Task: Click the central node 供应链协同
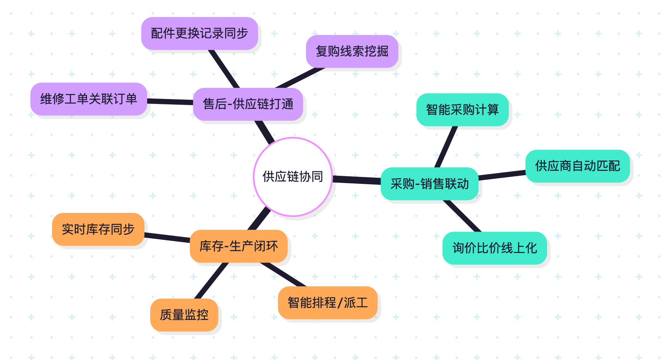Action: [293, 177]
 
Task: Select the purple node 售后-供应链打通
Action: [248, 104]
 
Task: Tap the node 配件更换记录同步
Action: [199, 33]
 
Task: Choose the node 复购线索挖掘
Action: [352, 51]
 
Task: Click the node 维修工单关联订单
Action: [89, 99]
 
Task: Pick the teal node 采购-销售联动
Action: [430, 184]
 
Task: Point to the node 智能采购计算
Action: [462, 110]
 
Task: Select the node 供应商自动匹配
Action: [577, 166]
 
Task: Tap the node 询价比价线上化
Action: [495, 248]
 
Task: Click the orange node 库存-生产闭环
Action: [238, 246]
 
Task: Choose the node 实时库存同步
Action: [98, 229]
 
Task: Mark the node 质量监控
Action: [184, 315]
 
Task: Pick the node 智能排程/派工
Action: [328, 303]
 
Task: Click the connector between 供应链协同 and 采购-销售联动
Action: [357, 180]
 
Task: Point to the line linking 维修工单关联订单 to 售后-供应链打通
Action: [170, 102]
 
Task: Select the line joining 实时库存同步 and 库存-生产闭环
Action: [167, 237]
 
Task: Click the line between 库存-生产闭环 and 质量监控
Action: [211, 281]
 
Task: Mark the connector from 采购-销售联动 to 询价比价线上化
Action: [462, 216]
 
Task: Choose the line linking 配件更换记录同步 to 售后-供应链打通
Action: [224, 69]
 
